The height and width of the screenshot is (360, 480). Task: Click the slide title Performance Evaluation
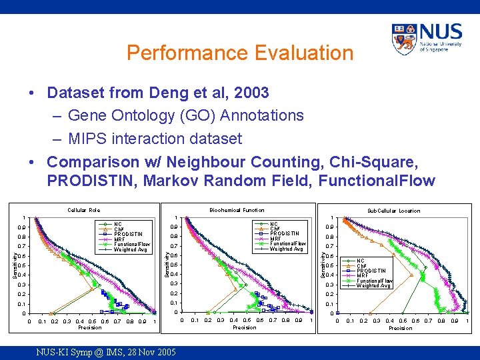(x=239, y=53)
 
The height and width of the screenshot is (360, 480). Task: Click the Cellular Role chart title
(x=84, y=211)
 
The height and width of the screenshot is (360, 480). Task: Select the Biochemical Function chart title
(x=237, y=210)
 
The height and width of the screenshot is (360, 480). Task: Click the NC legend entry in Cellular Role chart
(x=118, y=224)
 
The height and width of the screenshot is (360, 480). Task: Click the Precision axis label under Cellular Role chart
(x=90, y=327)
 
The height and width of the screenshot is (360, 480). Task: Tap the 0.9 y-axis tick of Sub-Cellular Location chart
(x=327, y=227)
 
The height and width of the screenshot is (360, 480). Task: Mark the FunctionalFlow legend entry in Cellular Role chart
(x=132, y=245)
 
